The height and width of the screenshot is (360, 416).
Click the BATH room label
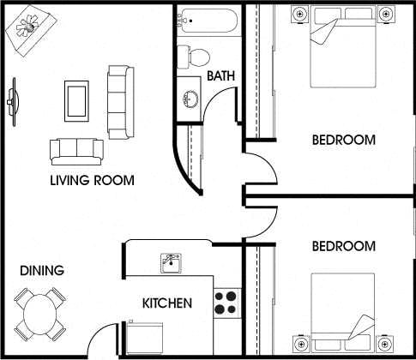pyautogui.click(x=222, y=77)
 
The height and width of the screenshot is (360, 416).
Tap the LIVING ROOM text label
pyautogui.click(x=92, y=180)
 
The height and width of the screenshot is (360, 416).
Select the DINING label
pyautogui.click(x=42, y=271)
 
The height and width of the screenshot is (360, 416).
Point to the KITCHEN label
pyautogui.click(x=166, y=303)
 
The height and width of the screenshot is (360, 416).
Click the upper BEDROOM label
pyautogui.click(x=343, y=140)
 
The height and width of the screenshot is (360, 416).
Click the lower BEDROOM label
pyautogui.click(x=343, y=246)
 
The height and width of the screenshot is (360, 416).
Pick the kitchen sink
pyautogui.click(x=171, y=261)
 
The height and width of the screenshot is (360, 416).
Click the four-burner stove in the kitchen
pyautogui.click(x=226, y=303)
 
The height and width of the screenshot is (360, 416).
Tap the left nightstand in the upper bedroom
pyautogui.click(x=299, y=15)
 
